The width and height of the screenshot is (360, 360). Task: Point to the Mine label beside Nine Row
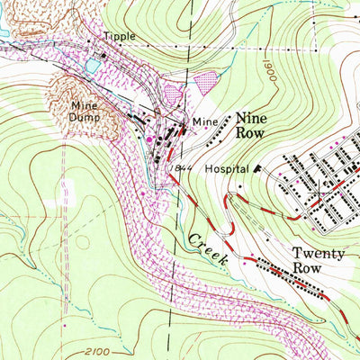pos(204,120)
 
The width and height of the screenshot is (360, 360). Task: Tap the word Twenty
pos(319,254)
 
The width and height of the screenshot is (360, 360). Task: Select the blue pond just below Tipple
pos(91,67)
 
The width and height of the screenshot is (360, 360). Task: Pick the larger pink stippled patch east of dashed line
pos(208,82)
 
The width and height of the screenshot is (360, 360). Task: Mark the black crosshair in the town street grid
pos(320,192)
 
